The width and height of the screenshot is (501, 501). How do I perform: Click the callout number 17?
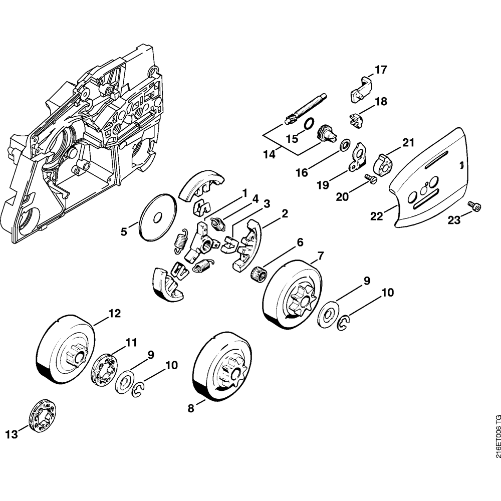click(381, 70)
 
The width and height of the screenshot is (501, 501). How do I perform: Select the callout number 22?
click(376, 216)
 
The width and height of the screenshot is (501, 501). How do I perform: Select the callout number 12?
click(114, 314)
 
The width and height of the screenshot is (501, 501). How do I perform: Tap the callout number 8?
click(191, 408)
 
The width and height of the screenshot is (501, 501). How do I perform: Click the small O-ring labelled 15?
click(309, 122)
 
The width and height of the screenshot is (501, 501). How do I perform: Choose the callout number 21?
click(409, 142)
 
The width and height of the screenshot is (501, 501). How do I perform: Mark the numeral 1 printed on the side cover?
click(461, 164)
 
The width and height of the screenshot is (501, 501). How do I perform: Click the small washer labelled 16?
click(345, 146)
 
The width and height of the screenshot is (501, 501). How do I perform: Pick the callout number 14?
click(269, 155)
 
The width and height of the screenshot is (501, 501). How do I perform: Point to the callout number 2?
click(285, 213)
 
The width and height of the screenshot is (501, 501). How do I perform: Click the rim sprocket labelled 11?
click(103, 370)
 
